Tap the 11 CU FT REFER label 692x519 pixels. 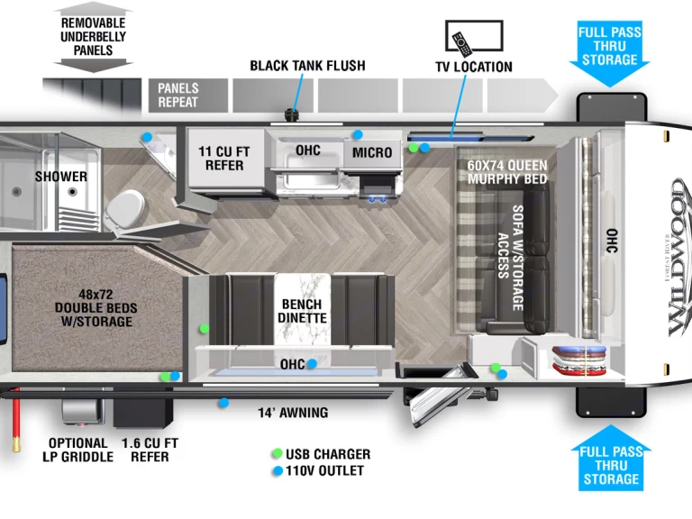pyautogui.click(x=224, y=158)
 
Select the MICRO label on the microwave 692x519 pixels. pyautogui.click(x=372, y=152)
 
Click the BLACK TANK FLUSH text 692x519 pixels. pyautogui.click(x=307, y=66)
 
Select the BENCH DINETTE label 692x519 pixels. pyautogui.click(x=301, y=311)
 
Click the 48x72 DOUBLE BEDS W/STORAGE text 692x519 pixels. pyautogui.click(x=96, y=307)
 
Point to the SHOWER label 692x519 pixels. pyautogui.click(x=61, y=176)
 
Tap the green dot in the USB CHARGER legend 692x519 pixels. pyautogui.click(x=278, y=454)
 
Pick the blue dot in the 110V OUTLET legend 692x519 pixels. pyautogui.click(x=278, y=470)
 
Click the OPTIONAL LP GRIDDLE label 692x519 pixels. pyautogui.click(x=78, y=450)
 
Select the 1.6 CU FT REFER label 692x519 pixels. pyautogui.click(x=150, y=450)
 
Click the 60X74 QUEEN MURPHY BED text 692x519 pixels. pyautogui.click(x=507, y=172)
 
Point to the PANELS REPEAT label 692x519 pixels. pyautogui.click(x=178, y=95)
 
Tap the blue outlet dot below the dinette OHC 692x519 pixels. pyautogui.click(x=311, y=364)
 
